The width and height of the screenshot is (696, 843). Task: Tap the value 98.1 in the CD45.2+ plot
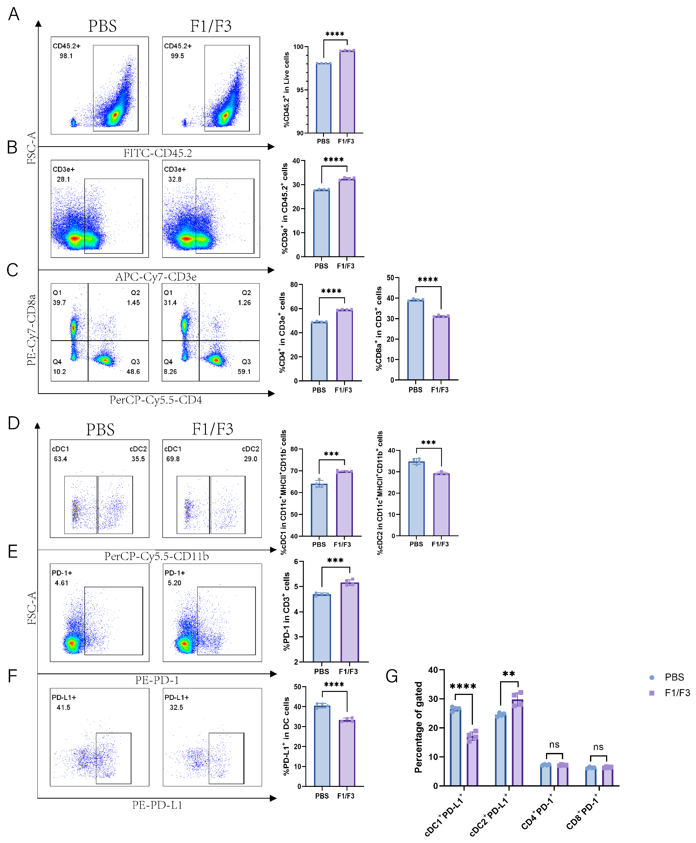pos(66,56)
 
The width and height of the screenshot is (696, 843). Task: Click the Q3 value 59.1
pos(244,372)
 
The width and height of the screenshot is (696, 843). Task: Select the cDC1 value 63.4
pos(61,459)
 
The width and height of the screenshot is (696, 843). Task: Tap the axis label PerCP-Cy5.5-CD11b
pos(156,556)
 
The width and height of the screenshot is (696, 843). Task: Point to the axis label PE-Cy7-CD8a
pos(31,330)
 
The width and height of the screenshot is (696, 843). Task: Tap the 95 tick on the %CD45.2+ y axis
pos(300,90)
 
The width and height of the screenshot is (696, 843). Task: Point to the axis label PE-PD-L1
pos(157,805)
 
